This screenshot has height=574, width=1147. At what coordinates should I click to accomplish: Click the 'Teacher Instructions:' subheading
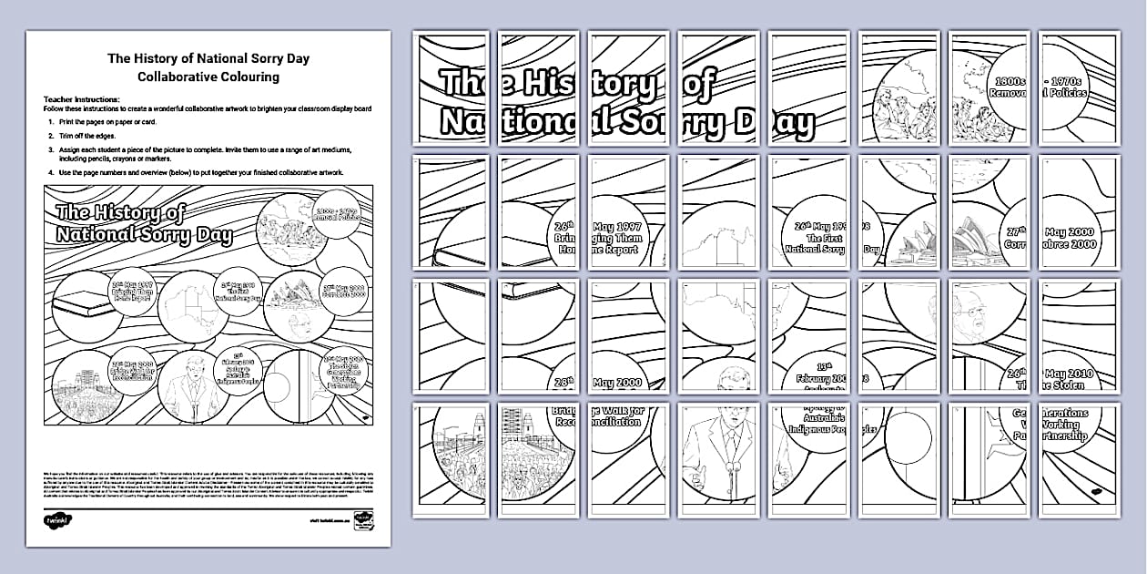[x=81, y=98]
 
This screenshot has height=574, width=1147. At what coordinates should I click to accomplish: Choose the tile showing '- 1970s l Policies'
[x=1079, y=88]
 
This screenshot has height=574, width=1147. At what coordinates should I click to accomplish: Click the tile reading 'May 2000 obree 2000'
[x=1079, y=212]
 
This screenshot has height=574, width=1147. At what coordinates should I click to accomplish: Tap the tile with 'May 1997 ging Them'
[x=628, y=212]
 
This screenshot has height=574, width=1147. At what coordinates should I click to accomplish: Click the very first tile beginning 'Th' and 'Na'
[x=450, y=88]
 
